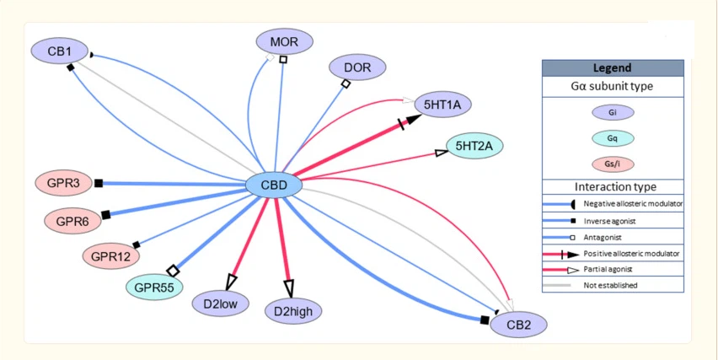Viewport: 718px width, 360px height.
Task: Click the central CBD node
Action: click(273, 185)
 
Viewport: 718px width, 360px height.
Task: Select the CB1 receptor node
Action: click(59, 51)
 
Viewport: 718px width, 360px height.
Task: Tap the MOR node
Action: click(284, 40)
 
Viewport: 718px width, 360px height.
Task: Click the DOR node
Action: click(357, 67)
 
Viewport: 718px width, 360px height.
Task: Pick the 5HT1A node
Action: click(443, 105)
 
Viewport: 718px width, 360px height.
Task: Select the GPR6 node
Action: click(72, 220)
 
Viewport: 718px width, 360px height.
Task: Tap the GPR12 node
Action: click(111, 254)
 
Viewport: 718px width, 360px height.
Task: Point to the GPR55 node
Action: click(153, 287)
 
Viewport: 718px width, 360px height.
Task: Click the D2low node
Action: click(220, 304)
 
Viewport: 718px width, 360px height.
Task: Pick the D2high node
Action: click(293, 311)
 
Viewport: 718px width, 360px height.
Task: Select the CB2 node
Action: click(518, 324)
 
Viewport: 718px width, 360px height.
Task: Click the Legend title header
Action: click(612, 68)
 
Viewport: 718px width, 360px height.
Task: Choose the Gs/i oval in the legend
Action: click(612, 164)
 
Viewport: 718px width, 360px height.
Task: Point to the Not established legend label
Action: click(610, 285)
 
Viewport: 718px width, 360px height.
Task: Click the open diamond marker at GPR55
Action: click(174, 271)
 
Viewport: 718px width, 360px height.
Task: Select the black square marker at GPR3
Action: click(99, 183)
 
